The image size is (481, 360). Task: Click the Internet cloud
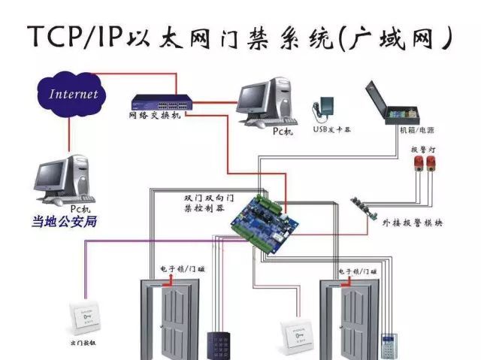pos(74,95)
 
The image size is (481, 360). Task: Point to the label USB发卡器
pos(331,129)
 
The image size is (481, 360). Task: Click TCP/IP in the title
pos(75,37)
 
